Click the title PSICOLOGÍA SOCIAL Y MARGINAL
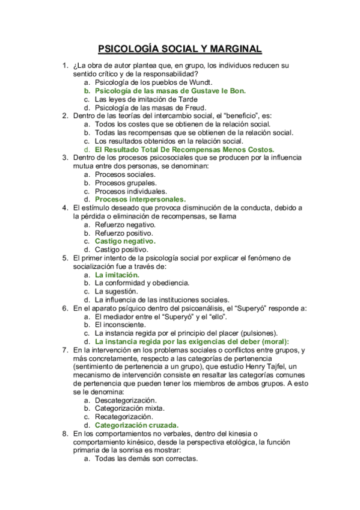coord(180,49)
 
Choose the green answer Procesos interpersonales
coord(140,199)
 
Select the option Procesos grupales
coord(126,182)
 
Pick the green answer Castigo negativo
coord(125,241)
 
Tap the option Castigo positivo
coord(121,250)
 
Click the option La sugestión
coord(120,291)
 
